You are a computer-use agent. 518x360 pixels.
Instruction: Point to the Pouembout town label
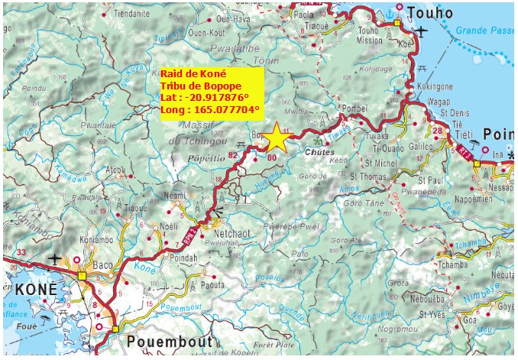[x=165, y=341]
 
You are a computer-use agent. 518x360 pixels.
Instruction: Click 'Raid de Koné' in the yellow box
[x=193, y=73]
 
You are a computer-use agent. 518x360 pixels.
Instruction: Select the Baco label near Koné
[x=102, y=267]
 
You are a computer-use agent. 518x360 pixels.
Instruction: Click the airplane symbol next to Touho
[x=422, y=31]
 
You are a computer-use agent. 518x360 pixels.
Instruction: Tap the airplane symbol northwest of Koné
[x=56, y=259]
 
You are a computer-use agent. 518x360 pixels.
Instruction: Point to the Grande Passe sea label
[x=484, y=31]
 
